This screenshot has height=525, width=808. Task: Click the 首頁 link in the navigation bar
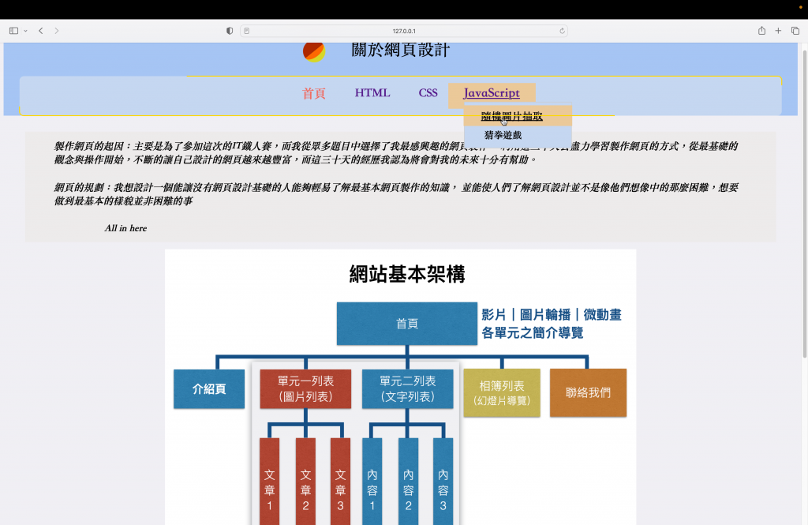click(x=313, y=93)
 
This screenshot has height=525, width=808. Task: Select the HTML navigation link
click(x=372, y=93)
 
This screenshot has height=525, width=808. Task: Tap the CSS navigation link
click(x=428, y=93)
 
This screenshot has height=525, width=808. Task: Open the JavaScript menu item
click(x=492, y=93)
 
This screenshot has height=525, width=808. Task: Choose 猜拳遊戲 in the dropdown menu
click(x=503, y=135)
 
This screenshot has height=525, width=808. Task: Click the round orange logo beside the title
click(x=313, y=50)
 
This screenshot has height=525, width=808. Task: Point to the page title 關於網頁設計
click(x=400, y=51)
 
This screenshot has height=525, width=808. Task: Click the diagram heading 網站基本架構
click(x=406, y=274)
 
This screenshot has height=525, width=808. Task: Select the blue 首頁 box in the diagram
click(x=406, y=324)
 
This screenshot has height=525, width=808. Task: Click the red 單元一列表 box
click(x=305, y=389)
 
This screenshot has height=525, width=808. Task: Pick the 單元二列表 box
click(x=407, y=389)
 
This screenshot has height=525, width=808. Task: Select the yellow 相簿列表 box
click(x=502, y=392)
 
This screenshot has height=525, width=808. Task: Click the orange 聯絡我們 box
click(x=588, y=392)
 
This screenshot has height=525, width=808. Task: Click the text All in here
click(x=125, y=228)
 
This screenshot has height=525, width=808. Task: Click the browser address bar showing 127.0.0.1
click(x=403, y=31)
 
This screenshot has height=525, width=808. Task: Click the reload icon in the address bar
click(x=562, y=31)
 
